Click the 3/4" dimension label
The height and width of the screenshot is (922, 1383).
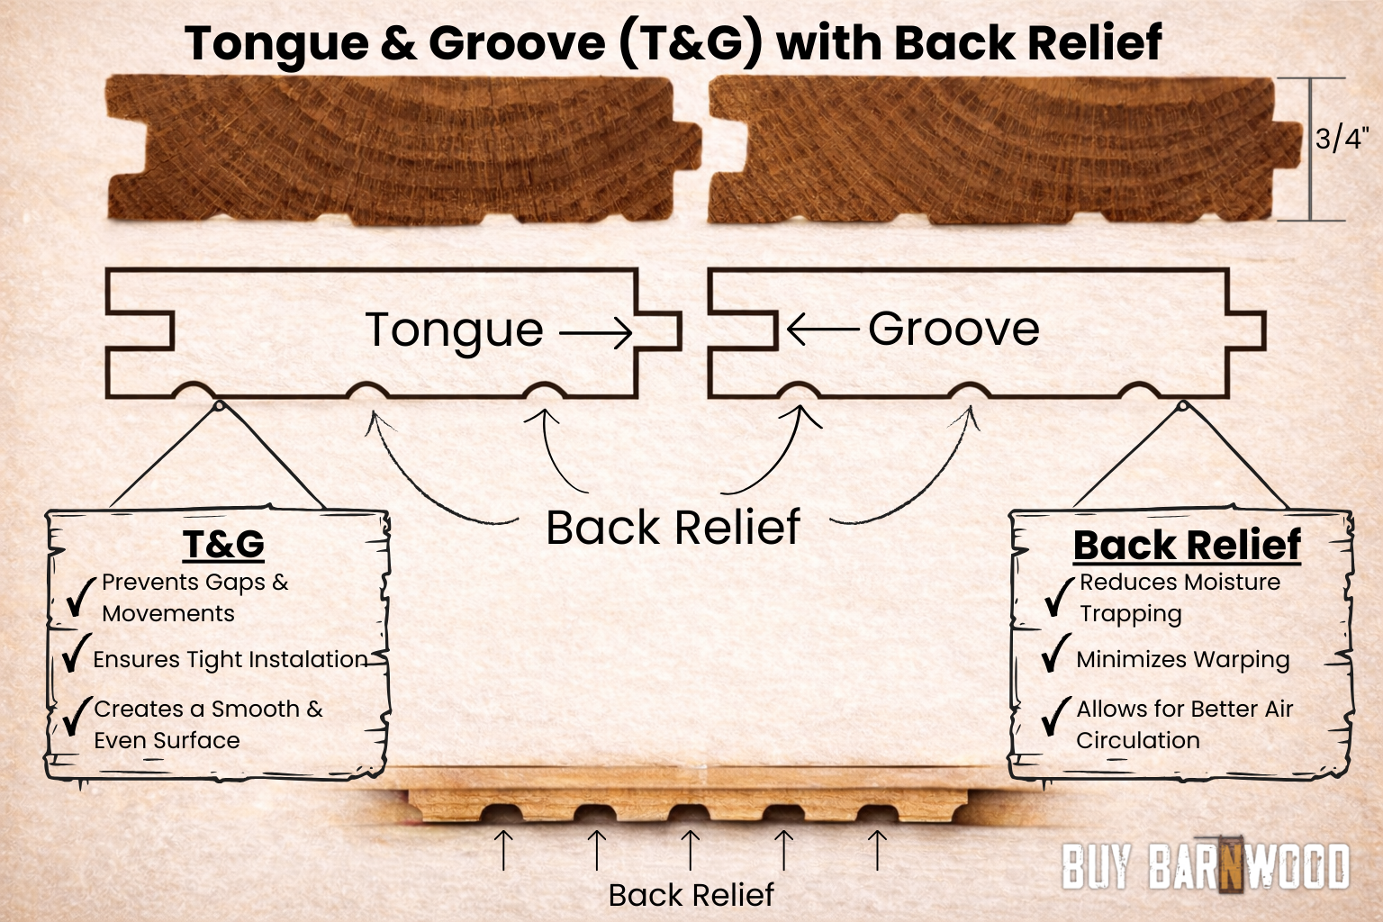point(1341,139)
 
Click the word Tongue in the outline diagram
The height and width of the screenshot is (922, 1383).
point(455,330)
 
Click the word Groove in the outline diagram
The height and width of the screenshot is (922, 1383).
point(954,329)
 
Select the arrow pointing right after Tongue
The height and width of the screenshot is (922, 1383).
point(596,334)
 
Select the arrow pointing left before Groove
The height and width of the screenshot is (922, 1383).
point(822,330)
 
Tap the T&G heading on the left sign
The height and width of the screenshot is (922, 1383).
point(223,545)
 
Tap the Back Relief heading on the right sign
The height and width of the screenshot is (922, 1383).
point(1187,546)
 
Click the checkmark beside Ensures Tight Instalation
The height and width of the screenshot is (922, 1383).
point(76,653)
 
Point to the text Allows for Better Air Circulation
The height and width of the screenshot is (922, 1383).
point(1184,725)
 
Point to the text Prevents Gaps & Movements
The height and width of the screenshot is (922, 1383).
point(194,598)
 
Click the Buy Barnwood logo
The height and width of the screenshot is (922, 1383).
point(1206,866)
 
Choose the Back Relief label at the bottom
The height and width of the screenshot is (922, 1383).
point(691,895)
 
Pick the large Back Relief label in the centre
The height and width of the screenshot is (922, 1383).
point(673,528)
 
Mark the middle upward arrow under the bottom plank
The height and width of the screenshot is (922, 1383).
point(690,850)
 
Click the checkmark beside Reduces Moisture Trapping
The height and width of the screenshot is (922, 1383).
point(1059,596)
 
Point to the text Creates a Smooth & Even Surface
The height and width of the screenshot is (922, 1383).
point(207,725)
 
